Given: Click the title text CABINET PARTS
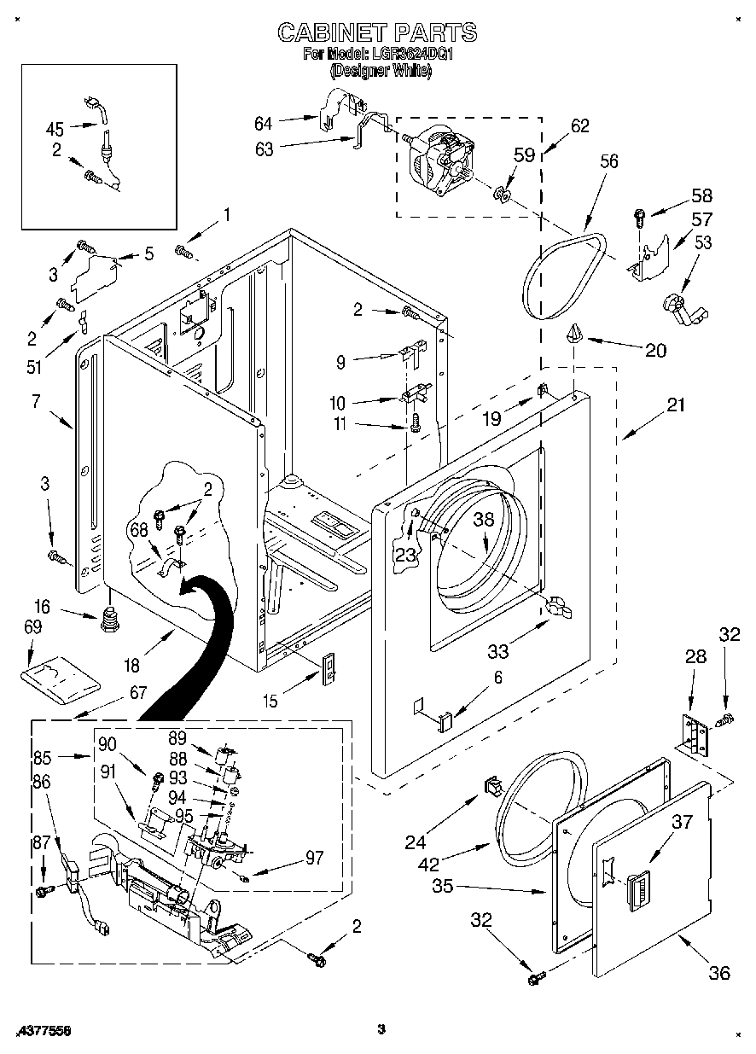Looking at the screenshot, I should point(377,32).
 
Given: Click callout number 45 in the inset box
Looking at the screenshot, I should point(55,130).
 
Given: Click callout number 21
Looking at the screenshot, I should point(675,405).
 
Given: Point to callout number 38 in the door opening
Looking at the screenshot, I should point(484,518).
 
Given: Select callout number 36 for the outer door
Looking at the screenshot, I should point(719,972).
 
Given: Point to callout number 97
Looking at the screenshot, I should point(314,858).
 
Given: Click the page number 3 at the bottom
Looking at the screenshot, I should point(381,1029).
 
